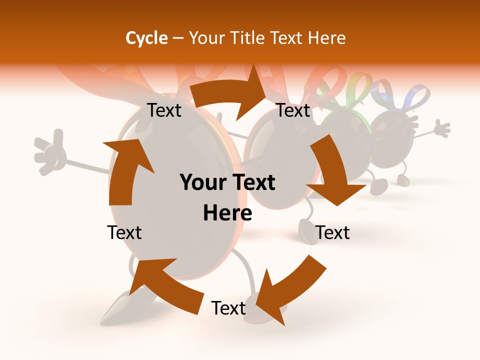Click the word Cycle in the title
(146, 38)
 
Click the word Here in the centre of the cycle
(227, 213)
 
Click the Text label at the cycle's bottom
(228, 308)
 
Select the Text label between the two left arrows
(124, 232)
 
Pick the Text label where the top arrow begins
(164, 110)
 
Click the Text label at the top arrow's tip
(293, 110)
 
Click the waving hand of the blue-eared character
(441, 128)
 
